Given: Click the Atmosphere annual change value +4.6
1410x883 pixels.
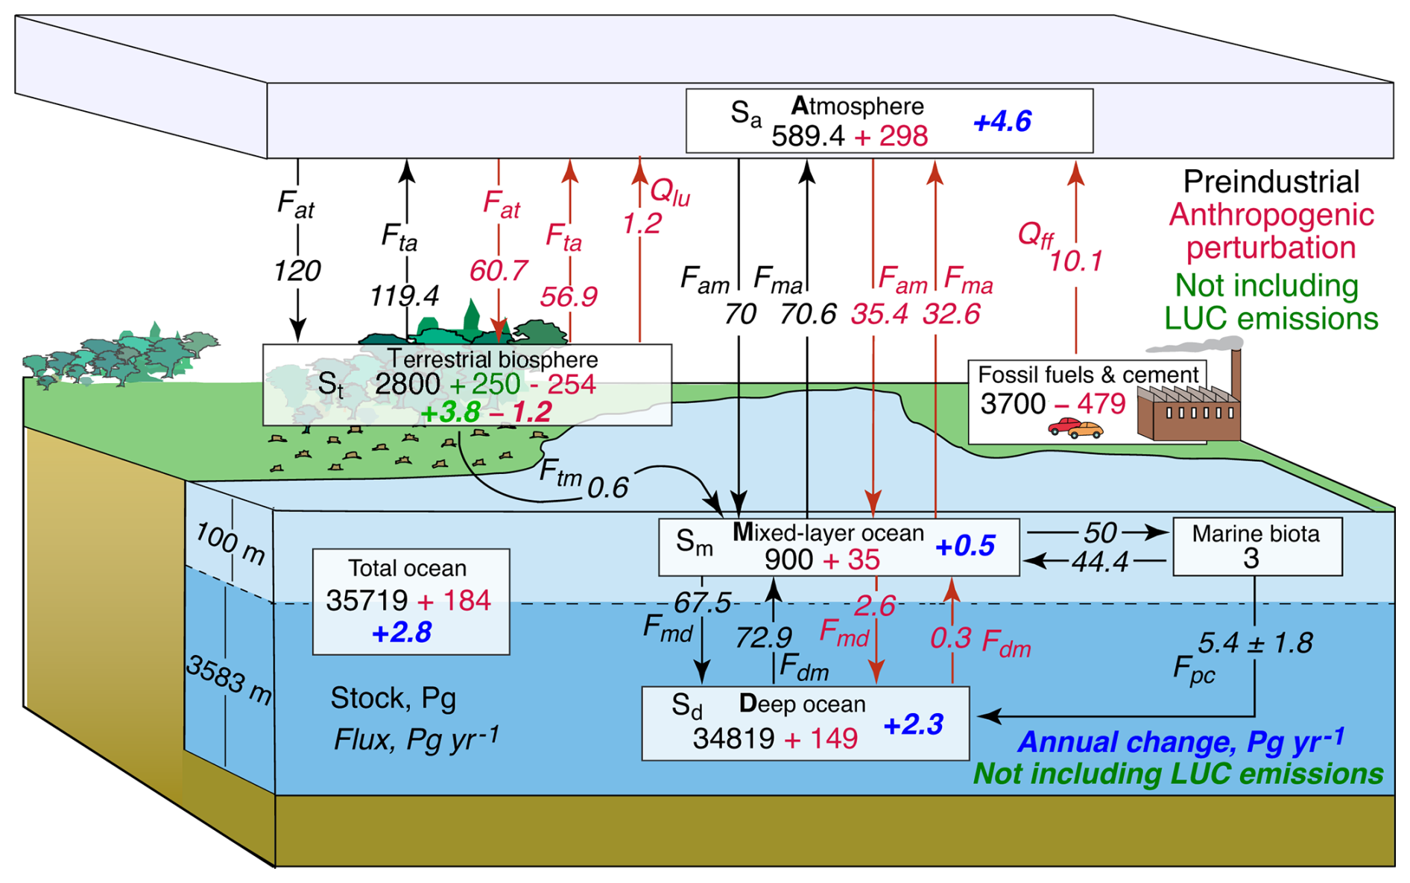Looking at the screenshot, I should [x=1002, y=121].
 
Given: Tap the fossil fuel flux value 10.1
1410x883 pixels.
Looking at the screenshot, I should [x=1075, y=261].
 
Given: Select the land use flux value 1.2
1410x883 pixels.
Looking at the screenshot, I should [x=642, y=223].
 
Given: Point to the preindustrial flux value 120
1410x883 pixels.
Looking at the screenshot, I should [x=297, y=270].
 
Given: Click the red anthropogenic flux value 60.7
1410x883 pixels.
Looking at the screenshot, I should [x=499, y=270].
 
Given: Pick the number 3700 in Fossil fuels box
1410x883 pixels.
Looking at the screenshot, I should [x=1013, y=404].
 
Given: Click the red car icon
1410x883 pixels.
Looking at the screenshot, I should [x=1063, y=426].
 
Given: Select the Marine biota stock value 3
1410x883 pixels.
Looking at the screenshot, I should [x=1251, y=558].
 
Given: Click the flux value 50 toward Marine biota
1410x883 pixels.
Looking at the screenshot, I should [x=1100, y=532].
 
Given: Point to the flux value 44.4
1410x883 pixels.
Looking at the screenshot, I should [x=1100, y=562].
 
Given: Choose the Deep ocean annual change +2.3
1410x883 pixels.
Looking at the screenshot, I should [x=914, y=724].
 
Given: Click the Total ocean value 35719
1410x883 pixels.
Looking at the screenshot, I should [x=367, y=600].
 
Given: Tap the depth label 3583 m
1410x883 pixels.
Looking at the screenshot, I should [x=229, y=680].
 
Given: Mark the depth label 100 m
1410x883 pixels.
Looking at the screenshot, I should [x=230, y=543].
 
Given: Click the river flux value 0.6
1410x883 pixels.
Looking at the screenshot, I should [x=607, y=487].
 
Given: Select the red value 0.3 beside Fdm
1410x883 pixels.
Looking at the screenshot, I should [x=950, y=638].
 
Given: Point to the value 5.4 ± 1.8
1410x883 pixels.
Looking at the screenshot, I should [x=1255, y=642].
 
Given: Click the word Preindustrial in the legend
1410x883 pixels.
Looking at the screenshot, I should [x=1271, y=182].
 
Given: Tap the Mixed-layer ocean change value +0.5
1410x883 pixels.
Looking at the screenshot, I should [x=965, y=545].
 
